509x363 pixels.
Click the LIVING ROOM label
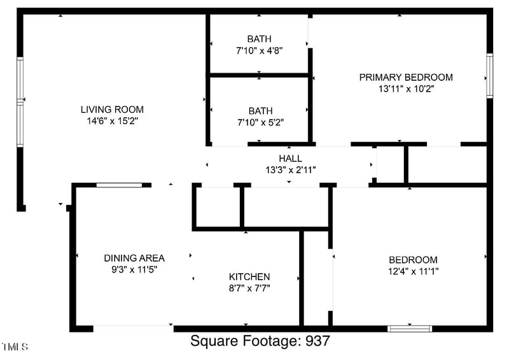coord(112,110)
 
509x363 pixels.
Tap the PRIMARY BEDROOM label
coord(406,78)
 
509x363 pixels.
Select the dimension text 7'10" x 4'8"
coord(260,50)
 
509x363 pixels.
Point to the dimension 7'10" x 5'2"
coord(260,122)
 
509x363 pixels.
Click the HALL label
coord(290,159)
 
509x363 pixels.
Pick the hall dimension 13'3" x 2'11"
coord(290,170)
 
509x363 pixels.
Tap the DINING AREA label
coord(134,258)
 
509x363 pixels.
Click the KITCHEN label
coord(249,277)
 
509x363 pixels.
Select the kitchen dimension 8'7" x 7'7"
coord(249,288)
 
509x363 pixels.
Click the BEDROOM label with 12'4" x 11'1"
coord(413,260)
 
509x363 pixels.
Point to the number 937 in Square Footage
coord(317,341)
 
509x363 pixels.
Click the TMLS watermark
coord(15,347)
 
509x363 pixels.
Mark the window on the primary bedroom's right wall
coord(489,75)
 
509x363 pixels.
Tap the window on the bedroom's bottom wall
coord(410,329)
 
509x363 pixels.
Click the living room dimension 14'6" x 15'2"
coord(112,120)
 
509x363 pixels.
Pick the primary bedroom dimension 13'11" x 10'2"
coord(406,89)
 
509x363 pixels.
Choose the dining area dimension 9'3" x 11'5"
coord(134,269)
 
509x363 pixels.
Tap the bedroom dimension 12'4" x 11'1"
coord(413,271)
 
